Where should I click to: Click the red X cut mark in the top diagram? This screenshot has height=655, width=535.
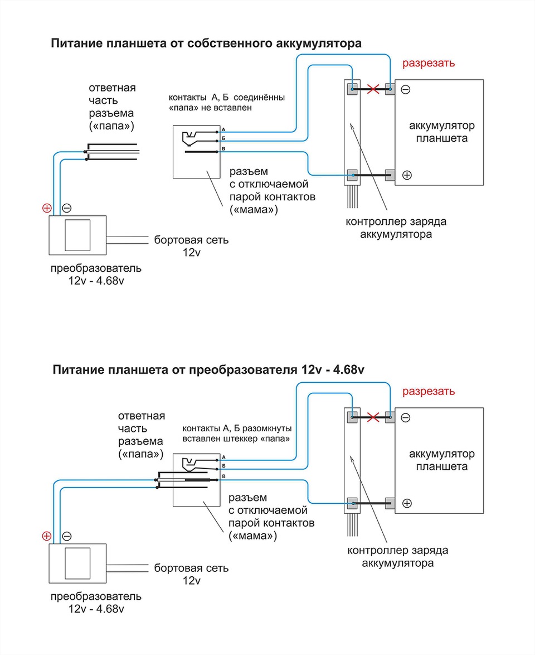[x=373, y=89]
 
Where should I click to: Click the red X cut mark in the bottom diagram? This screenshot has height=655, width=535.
[x=373, y=417]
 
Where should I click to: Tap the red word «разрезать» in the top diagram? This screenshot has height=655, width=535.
[x=429, y=62]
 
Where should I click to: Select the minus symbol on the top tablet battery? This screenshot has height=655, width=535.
[x=406, y=89]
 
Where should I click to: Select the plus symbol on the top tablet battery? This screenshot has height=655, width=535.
[x=407, y=175]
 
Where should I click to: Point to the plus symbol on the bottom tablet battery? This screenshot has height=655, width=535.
[x=407, y=503]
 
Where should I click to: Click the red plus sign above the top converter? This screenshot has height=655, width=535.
[x=47, y=208]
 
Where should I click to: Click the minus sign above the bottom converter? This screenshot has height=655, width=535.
[x=66, y=536]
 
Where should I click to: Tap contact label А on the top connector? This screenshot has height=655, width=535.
[x=223, y=129]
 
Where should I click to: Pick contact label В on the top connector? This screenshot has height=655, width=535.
[x=223, y=149]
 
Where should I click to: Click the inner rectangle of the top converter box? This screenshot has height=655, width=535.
[x=77, y=234]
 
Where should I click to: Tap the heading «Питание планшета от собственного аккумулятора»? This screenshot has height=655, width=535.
[x=206, y=43]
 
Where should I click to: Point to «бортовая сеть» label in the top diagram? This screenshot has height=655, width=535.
[x=192, y=240]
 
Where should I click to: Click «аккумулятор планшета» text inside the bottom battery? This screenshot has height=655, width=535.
[x=442, y=460]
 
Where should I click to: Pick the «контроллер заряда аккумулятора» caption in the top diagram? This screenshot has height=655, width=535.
[x=396, y=228]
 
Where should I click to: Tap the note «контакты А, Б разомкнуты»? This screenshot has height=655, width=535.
[x=237, y=428]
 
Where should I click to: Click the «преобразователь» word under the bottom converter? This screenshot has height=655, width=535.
[x=96, y=596]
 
